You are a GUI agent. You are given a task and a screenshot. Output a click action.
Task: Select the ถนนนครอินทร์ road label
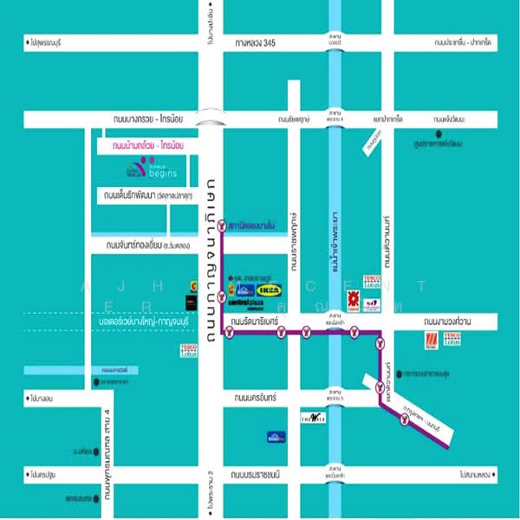click(253, 397)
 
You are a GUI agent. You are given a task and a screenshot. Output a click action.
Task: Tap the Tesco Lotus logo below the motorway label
click(190, 350)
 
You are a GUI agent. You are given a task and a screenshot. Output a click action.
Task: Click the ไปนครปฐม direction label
click(42, 474)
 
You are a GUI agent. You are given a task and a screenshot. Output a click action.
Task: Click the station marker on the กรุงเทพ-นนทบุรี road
click(404, 422)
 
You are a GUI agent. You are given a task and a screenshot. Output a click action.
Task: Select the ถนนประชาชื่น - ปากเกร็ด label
click(464, 42)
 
